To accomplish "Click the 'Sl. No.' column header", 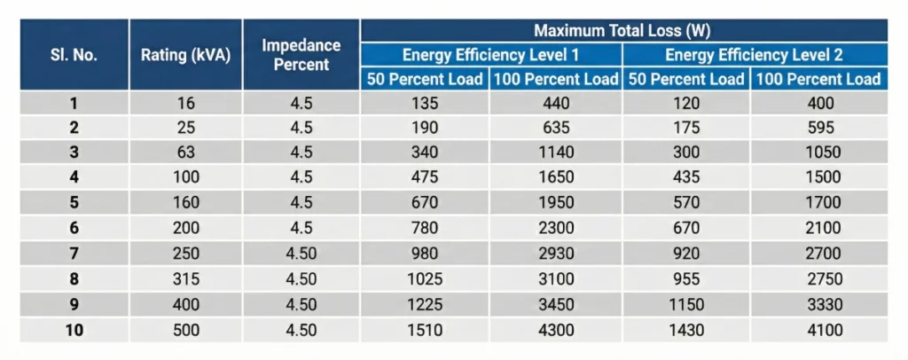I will (74, 55).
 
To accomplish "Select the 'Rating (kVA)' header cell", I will (185, 55).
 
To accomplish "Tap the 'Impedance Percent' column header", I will (301, 55).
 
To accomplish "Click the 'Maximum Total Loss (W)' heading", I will (623, 30).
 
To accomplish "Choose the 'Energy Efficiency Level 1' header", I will (490, 55).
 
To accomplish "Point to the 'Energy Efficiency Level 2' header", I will (754, 55).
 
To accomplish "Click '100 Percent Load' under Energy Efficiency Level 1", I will (555, 79).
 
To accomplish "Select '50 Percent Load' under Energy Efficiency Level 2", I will (685, 79).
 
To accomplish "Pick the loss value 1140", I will (555, 153).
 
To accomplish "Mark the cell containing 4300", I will (555, 331).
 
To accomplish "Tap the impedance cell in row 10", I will (301, 331).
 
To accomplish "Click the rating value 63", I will (186, 153).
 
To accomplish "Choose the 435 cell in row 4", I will (685, 177).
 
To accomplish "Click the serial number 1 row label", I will (74, 103).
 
